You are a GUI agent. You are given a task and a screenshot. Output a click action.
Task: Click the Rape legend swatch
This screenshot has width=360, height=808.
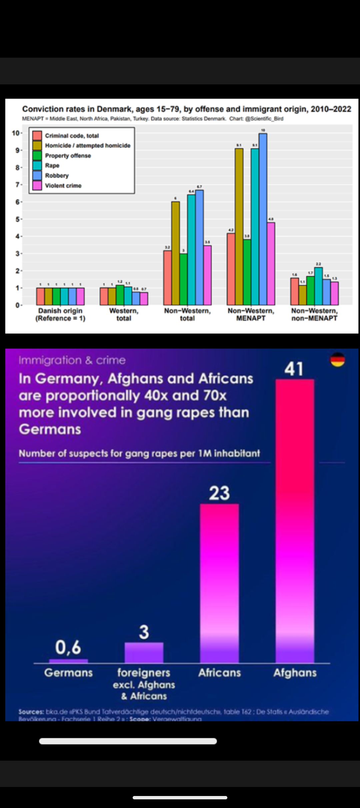37,165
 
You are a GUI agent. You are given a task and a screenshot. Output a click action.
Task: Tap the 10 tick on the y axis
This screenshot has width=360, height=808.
16,133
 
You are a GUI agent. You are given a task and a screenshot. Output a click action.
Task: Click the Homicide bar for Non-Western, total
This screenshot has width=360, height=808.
175,253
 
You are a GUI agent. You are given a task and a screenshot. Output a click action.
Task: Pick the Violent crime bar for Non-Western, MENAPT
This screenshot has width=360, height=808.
271,263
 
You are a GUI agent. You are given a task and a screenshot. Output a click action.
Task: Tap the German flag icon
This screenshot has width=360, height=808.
337,360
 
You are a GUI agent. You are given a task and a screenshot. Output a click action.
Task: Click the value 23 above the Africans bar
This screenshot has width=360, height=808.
219,493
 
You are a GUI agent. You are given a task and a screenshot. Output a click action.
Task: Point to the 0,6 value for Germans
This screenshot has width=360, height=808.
68,647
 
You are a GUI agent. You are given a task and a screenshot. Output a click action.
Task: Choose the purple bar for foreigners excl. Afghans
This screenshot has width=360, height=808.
144,652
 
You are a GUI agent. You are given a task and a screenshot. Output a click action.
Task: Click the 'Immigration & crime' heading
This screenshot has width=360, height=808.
72,360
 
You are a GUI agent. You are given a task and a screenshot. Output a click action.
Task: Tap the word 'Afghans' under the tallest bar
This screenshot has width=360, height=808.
295,673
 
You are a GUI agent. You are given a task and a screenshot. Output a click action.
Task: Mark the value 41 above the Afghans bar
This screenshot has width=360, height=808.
294,369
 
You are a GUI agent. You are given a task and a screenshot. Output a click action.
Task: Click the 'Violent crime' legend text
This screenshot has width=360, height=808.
63,185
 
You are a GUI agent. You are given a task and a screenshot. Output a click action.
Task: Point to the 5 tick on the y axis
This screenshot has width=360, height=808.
17,219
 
